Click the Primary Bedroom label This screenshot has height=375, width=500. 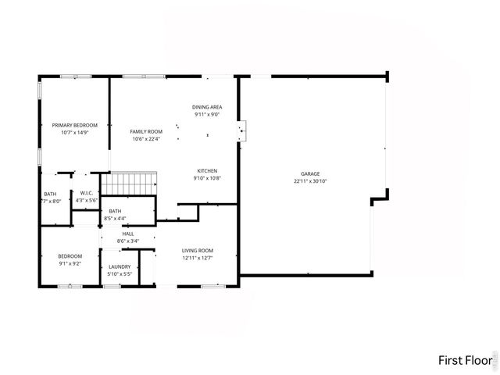click(74, 125)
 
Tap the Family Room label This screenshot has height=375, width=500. click(146, 131)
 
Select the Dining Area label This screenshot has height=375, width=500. click(207, 106)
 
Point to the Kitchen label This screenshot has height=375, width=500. click(207, 170)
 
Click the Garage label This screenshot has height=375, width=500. click(310, 173)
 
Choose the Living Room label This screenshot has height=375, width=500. click(198, 250)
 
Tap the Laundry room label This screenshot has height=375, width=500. click(120, 266)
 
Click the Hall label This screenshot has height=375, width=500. click(128, 234)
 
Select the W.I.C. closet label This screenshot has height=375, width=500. click(86, 193)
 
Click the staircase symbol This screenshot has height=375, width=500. click(131, 184)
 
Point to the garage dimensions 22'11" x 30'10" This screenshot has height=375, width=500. click(310, 181)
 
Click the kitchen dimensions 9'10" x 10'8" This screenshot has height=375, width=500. click(207, 178)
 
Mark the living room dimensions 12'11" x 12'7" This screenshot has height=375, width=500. click(198, 258)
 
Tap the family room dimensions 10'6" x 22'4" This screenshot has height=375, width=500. click(146, 139)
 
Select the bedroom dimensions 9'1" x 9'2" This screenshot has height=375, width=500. click(70, 263)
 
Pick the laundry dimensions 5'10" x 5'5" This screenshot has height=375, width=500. click(120, 274)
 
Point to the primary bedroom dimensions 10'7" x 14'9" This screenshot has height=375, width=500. click(74, 133)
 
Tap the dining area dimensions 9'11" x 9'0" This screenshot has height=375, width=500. click(207, 114)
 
